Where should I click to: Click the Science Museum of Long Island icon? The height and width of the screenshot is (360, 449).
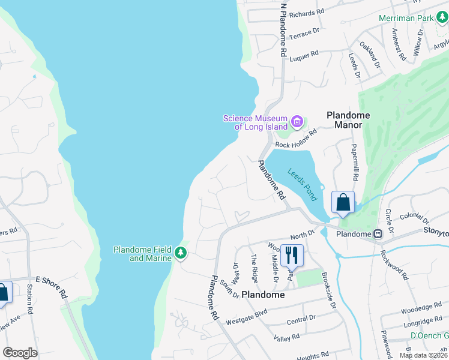297,122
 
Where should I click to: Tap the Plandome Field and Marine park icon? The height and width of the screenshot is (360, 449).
180,254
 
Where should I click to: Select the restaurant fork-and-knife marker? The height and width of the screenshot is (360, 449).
292,255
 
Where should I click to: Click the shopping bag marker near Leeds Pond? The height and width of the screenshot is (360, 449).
342,203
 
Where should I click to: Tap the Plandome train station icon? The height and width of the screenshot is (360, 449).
378,234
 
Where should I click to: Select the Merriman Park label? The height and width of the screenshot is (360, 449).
406,19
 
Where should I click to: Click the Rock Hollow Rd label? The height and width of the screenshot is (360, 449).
295,145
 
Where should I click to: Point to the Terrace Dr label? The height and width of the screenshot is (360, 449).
304,36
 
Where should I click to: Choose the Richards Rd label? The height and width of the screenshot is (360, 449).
306,13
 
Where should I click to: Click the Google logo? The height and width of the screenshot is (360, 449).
20,353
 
